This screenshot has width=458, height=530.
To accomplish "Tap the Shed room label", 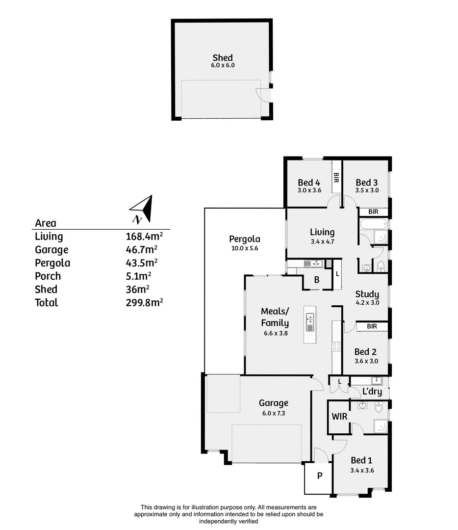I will coord(223,58).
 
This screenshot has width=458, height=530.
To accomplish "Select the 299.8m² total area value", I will coord(144,302).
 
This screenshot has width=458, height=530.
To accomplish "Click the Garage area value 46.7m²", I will coord(142,249).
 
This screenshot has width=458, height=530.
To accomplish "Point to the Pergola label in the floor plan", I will coord(244,239).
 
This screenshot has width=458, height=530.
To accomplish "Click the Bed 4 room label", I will coord(309,183).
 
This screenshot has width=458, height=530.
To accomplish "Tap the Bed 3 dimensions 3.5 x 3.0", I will coord(366,190).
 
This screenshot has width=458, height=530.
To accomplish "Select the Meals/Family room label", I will coord(275,317).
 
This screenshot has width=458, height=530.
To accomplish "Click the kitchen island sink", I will coord(310,324).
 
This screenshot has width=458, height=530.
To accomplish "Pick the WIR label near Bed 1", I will coord(339,417).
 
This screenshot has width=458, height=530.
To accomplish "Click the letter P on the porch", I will coord(319,475).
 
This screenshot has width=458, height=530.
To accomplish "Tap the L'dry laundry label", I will coord(372,392).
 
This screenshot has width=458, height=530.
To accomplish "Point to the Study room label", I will coord(367,294).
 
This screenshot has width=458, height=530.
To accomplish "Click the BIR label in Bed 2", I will coord(372,326).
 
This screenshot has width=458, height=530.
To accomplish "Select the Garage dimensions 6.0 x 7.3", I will coord(274,413).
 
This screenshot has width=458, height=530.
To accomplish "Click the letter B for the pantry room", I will coord(317,280).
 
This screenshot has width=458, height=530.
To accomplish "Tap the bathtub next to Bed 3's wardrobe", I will coord(373,225).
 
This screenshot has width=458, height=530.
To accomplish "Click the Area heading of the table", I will coord(46,223).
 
